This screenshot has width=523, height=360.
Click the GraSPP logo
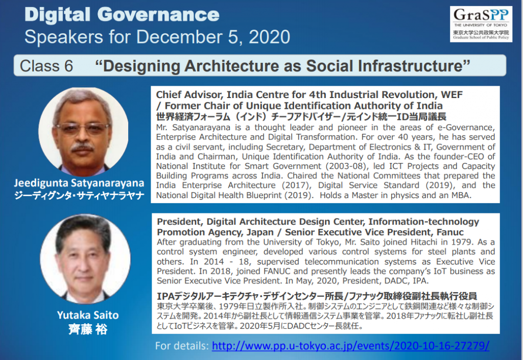tap(481, 24)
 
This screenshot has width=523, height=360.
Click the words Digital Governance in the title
tap(122, 15)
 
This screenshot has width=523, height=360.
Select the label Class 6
tap(46, 66)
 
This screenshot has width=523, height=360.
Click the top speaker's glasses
tap(82, 128)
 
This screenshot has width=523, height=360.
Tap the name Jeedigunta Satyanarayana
tap(79, 183)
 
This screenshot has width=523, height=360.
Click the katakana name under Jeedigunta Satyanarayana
tap(79, 196)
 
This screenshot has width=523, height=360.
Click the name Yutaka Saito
tap(88, 316)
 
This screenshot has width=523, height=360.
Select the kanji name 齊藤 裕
tap(88, 329)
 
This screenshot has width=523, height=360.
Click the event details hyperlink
tap(350, 346)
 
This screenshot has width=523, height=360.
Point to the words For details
tap(182, 346)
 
